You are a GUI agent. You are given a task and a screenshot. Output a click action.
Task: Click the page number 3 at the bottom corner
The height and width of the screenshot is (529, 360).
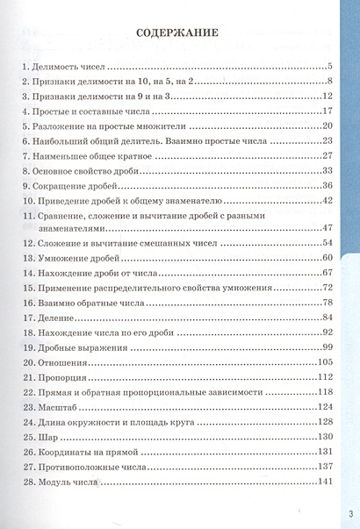coord(349,514)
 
